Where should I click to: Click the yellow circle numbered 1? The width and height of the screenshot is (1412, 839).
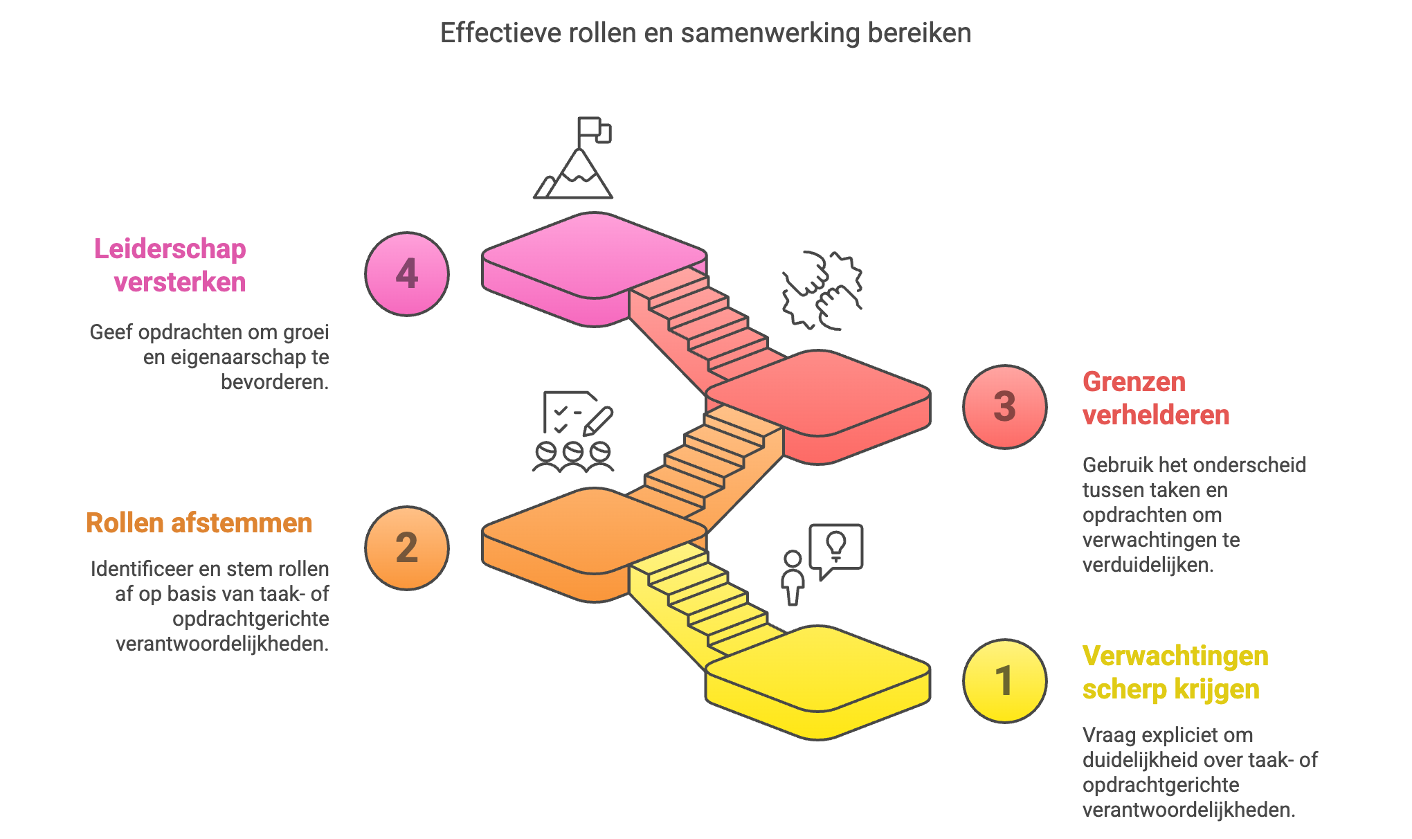pyautogui.click(x=1004, y=681)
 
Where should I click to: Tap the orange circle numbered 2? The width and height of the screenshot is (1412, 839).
pyautogui.click(x=407, y=548)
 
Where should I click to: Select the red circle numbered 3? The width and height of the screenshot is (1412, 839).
pyautogui.click(x=1004, y=407)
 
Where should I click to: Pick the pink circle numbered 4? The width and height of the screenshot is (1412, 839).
pyautogui.click(x=407, y=274)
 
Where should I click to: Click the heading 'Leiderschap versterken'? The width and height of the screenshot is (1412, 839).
pyautogui.click(x=171, y=266)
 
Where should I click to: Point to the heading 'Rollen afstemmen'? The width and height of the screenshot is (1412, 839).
pyautogui.click(x=199, y=523)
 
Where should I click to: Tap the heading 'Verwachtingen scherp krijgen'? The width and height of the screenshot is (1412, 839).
pyautogui.click(x=1175, y=673)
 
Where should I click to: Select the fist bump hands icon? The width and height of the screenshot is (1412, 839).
pyautogui.click(x=822, y=290)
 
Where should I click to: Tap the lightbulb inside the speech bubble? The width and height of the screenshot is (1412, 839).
pyautogui.click(x=836, y=545)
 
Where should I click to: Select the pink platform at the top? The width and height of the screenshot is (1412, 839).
pyautogui.click(x=594, y=256)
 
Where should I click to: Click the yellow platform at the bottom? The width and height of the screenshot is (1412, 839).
pyautogui.click(x=818, y=669)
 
